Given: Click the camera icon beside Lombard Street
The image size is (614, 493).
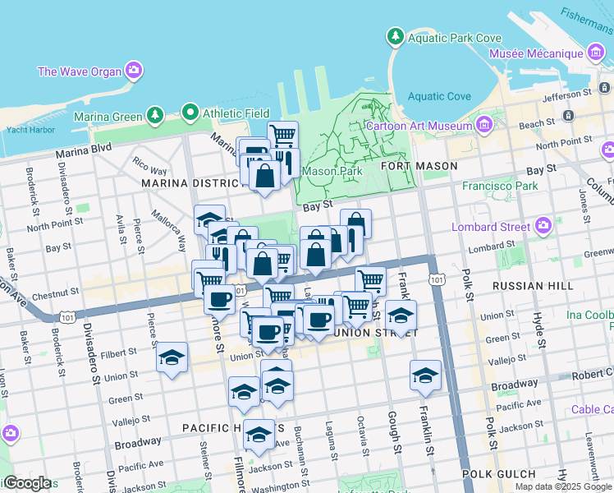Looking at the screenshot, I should [543, 225].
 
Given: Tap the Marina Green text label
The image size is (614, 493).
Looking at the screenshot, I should [108, 117].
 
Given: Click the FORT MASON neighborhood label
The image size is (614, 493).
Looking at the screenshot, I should [419, 166].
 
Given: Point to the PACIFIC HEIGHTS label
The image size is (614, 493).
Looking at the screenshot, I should [222, 427].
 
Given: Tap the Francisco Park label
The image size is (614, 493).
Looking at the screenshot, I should [499, 186].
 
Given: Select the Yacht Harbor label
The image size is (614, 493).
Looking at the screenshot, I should [30, 130].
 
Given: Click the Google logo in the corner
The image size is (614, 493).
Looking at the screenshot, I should [27, 483].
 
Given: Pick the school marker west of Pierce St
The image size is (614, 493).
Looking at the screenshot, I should [172, 358].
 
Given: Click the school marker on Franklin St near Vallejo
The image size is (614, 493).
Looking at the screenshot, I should [425, 376].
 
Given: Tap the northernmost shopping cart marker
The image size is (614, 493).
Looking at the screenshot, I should [282, 135].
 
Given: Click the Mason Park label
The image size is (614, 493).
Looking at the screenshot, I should [332, 172].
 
